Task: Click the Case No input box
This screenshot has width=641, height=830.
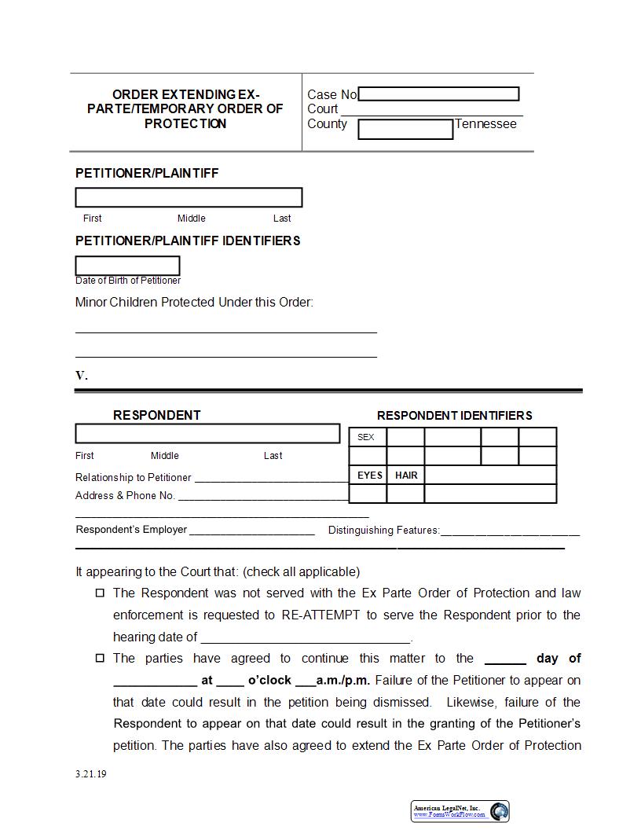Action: click(438, 94)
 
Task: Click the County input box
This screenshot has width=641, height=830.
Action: click(405, 129)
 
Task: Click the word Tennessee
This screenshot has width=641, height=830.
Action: click(485, 123)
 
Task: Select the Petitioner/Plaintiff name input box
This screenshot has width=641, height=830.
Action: click(189, 197)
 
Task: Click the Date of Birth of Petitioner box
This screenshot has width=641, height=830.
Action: click(127, 266)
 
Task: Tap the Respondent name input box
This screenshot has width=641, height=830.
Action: click(207, 433)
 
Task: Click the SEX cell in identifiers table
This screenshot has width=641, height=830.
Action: click(367, 437)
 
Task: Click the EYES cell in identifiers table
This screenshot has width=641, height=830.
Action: click(369, 475)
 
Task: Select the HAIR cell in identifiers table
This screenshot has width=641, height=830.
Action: click(406, 475)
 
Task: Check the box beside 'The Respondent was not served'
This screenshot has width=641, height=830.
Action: click(100, 593)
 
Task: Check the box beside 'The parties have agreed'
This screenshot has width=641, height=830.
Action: click(100, 658)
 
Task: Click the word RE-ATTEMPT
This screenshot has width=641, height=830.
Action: click(320, 615)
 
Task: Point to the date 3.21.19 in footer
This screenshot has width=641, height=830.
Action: click(91, 773)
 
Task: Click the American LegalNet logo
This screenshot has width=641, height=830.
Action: click(460, 811)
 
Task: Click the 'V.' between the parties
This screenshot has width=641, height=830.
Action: click(82, 375)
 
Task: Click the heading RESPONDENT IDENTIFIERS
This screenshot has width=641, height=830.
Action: click(454, 415)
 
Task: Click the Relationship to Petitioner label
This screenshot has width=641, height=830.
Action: click(133, 477)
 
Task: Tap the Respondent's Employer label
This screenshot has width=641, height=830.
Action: click(131, 529)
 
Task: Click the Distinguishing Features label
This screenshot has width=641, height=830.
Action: click(383, 530)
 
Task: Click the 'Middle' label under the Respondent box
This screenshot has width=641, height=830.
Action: click(165, 455)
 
